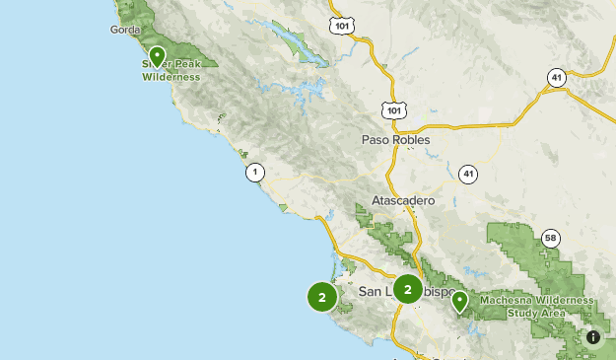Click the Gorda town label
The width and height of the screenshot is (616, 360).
tap(127, 30)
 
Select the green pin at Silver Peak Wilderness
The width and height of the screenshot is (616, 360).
tap(157, 55)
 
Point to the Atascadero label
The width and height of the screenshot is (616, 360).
tap(403, 200)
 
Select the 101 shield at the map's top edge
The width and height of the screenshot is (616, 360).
tap(342, 24)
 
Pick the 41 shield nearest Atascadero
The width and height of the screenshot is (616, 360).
tap(468, 174)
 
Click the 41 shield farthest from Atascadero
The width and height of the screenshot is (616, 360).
tap(557, 77)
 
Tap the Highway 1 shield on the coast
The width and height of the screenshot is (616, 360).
tap(255, 172)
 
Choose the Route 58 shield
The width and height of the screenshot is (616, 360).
tap(550, 238)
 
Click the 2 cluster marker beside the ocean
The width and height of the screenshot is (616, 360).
tap(322, 296)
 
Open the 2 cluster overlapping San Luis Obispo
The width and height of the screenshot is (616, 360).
tap(407, 289)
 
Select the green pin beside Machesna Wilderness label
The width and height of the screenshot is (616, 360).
tap(459, 301)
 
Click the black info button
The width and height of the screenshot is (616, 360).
tap(593, 337)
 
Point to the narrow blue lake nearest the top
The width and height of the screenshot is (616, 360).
tap(292, 42)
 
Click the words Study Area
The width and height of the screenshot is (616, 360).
tap(536, 314)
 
